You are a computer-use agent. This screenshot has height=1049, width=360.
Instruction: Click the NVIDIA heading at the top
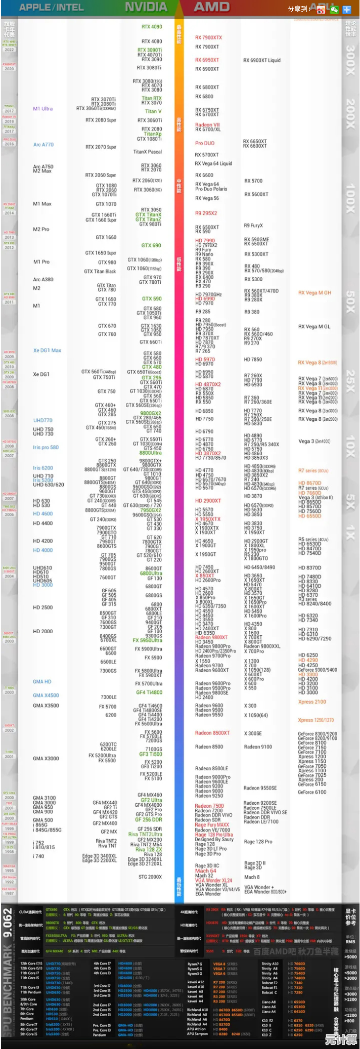(x=146, y=7)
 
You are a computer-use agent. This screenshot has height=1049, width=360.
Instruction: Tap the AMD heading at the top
(x=212, y=7)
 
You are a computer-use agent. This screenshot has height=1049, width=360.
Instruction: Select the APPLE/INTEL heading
(x=51, y=8)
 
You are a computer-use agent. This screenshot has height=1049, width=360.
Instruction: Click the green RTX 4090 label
(x=152, y=27)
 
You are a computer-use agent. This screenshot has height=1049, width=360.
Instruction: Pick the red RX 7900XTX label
(x=208, y=37)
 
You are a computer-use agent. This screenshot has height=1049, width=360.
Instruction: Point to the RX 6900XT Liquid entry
(x=261, y=60)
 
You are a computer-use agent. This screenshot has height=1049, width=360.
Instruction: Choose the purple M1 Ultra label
(x=42, y=109)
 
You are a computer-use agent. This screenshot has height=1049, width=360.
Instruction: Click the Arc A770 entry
(x=43, y=145)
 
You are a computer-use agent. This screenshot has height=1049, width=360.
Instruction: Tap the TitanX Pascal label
(x=147, y=152)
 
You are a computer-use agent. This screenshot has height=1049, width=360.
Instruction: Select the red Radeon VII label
(x=207, y=125)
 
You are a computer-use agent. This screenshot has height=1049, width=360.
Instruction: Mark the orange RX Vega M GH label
(x=314, y=293)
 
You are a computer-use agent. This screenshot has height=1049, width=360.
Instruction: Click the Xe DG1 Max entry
(x=47, y=351)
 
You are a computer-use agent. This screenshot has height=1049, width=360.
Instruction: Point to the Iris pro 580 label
(x=46, y=447)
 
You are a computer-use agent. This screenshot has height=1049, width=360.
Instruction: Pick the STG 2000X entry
(x=150, y=877)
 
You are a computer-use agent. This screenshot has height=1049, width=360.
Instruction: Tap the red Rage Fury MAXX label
(x=212, y=825)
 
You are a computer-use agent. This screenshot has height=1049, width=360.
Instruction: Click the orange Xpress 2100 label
(x=312, y=702)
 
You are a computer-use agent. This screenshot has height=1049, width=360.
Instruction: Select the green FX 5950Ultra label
(x=148, y=640)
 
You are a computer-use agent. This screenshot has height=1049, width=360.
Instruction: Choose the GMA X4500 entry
(x=46, y=695)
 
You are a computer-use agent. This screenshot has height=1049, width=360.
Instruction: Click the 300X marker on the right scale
(x=350, y=60)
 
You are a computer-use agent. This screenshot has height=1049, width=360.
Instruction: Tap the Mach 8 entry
(x=252, y=877)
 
